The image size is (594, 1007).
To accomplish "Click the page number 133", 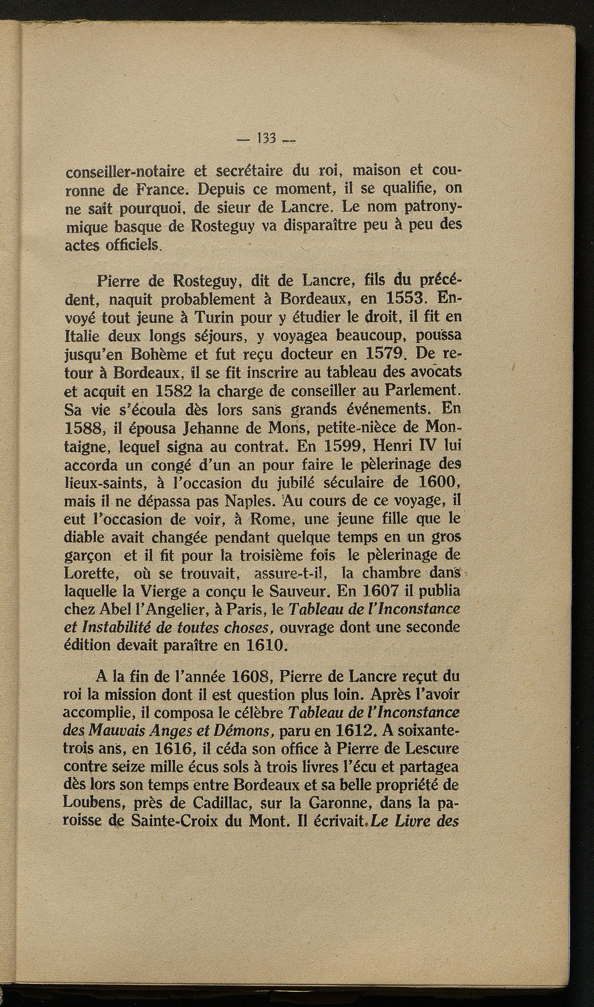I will click(267, 139).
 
